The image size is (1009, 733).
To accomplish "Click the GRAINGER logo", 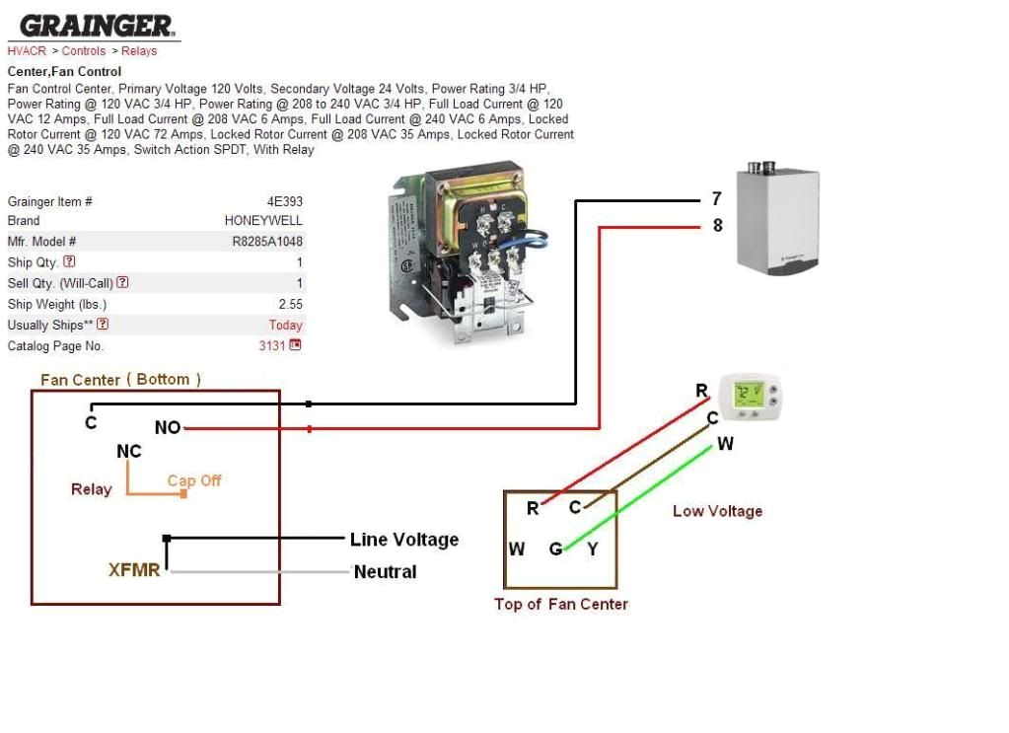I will click(95, 26).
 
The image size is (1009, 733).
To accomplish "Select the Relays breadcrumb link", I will click(139, 51).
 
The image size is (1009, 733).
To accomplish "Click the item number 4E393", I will click(284, 201).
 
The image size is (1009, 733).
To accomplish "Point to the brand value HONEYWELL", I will click(263, 221).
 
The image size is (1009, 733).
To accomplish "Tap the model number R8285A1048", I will click(267, 242).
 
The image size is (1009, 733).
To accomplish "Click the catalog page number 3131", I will click(271, 346).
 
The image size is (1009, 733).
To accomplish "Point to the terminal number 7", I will click(717, 199).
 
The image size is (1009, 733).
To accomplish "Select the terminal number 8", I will click(717, 226).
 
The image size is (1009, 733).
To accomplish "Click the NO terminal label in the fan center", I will click(168, 428).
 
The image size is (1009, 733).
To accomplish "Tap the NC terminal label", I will click(129, 452).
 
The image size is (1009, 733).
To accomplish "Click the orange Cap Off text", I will click(194, 480).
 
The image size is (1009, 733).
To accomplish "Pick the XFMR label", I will click(134, 570).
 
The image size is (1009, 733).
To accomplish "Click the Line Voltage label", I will click(404, 540).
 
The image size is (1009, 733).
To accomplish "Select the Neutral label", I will click(385, 572).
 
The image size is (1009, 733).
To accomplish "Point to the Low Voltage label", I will click(717, 511).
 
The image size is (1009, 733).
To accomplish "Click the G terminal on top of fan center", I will click(555, 549).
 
